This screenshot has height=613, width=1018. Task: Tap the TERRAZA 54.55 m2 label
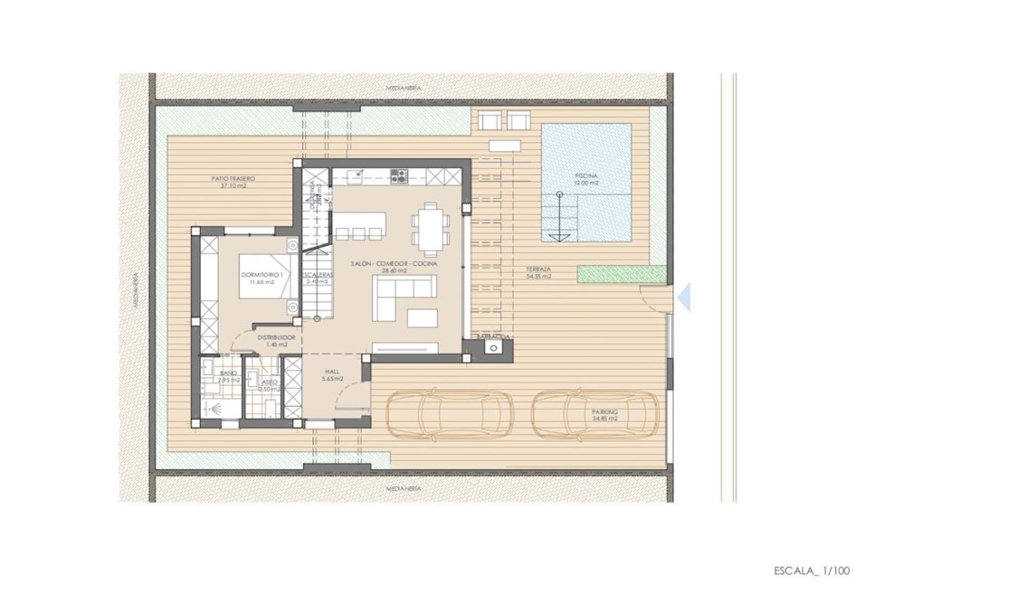(539, 274)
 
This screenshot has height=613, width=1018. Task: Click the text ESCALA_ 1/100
(812, 571)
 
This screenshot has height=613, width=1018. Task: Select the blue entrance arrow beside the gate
(684, 297)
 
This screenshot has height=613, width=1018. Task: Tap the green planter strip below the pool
(621, 273)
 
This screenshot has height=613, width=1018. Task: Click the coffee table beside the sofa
(422, 317)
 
